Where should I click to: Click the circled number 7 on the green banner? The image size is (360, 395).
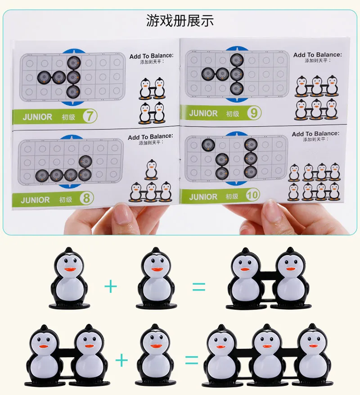tap(90, 116)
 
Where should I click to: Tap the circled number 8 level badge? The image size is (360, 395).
tap(86, 198)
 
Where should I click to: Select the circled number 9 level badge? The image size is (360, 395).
tap(254, 113)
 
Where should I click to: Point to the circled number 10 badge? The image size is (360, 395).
tap(252, 195)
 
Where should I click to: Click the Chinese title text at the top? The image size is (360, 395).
tap(180, 21)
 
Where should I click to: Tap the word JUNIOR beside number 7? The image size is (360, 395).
tap(37, 117)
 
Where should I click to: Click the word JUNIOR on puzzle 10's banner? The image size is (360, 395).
tap(203, 197)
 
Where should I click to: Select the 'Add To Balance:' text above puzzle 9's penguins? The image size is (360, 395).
tap(317, 54)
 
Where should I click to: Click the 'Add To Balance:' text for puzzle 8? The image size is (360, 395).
tap(150, 137)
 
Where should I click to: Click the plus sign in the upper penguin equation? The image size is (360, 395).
tap(111, 286)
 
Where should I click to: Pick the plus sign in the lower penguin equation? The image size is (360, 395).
tap(121, 360)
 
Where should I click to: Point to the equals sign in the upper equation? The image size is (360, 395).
tap(199, 287)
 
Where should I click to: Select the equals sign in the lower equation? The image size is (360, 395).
tap(192, 360)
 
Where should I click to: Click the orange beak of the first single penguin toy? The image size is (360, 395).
tap(70, 269)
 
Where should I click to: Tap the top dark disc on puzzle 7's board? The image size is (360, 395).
tap(74, 63)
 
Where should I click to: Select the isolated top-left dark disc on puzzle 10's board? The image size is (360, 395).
tap(208, 145)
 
